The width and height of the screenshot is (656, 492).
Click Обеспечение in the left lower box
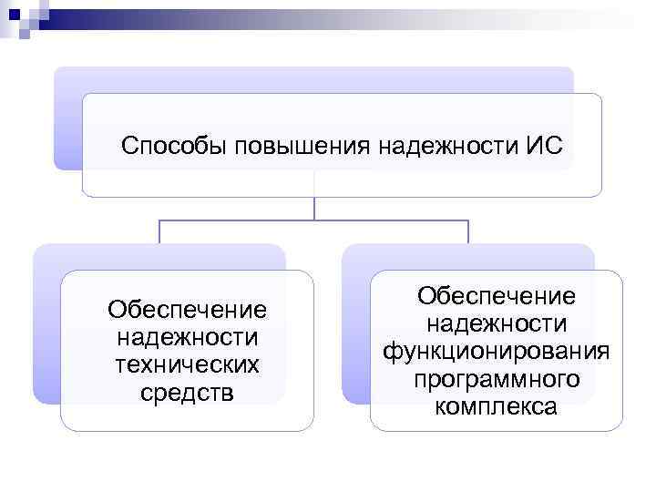click(x=187, y=310)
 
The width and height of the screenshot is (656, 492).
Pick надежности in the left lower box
click(x=187, y=337)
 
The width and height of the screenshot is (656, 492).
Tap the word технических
click(x=187, y=364)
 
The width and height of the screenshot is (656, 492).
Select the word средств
click(x=187, y=392)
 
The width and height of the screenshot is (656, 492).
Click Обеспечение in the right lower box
click(x=497, y=296)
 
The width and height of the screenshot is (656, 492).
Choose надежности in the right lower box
click(x=497, y=323)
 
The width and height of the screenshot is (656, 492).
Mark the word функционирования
click(x=497, y=351)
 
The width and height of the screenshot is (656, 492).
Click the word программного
click(x=497, y=378)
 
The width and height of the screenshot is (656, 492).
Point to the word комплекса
click(x=497, y=405)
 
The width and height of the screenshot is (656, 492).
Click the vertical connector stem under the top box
click(x=314, y=208)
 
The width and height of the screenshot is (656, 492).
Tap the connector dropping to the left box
click(x=159, y=232)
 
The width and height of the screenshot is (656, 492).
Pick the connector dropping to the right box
click(x=468, y=232)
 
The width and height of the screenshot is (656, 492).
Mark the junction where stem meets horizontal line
click(x=314, y=220)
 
